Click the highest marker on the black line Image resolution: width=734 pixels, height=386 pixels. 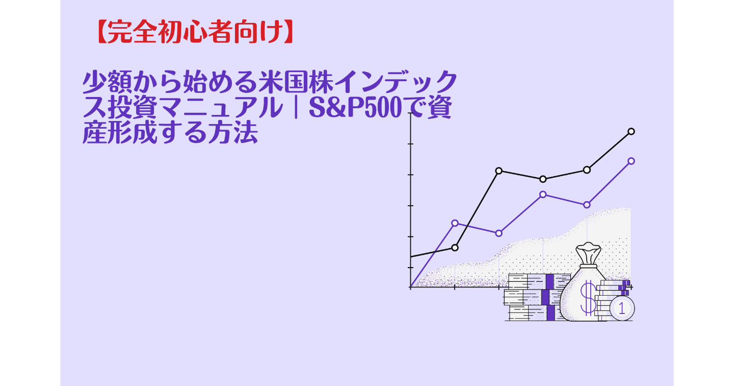[631, 131]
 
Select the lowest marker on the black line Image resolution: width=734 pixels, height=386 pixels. [455, 248]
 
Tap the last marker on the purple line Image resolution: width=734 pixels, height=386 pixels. [631, 161]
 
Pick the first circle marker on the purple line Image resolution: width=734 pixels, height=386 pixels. [455, 223]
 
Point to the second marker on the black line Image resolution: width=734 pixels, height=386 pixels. [499, 171]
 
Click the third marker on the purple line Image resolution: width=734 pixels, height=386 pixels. [543, 194]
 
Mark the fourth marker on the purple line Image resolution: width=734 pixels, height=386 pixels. [587, 205]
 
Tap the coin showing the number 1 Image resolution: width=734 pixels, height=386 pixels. [621, 308]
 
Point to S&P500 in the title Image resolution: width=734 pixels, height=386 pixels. [357, 109]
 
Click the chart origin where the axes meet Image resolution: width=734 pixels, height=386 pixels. [410, 287]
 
